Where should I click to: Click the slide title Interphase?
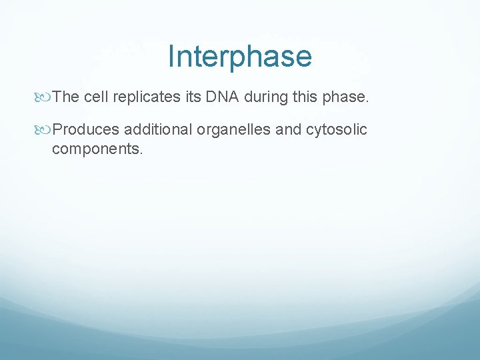pyautogui.click(x=239, y=57)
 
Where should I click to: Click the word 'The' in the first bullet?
pyautogui.click(x=66, y=97)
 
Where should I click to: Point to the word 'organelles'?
pyautogui.click(x=233, y=129)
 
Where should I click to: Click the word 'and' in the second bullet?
pyautogui.click(x=288, y=129)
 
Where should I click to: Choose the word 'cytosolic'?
pyautogui.click(x=336, y=130)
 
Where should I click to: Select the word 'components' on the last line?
pyautogui.click(x=95, y=149)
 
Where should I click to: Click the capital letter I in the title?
pyautogui.click(x=171, y=57)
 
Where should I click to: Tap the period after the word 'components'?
pyautogui.click(x=141, y=153)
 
